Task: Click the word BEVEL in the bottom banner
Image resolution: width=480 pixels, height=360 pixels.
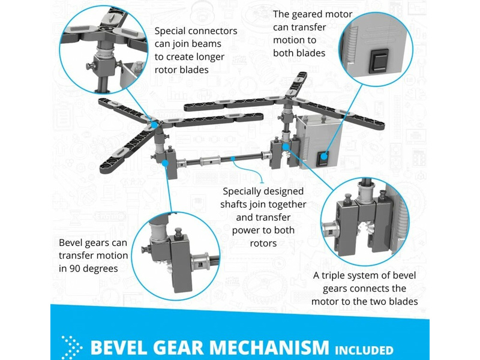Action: coord(117,347)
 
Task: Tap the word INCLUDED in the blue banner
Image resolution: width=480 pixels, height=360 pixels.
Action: coord(364,350)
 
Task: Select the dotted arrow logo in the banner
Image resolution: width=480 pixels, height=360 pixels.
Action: coord(71,347)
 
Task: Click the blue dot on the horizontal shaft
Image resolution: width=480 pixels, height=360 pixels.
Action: coord(233,158)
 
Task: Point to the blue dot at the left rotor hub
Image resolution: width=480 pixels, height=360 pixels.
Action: coord(154,124)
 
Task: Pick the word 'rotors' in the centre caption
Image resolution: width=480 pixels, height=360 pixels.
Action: coord(263,244)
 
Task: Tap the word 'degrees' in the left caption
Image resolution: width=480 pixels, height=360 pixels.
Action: coord(100,269)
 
